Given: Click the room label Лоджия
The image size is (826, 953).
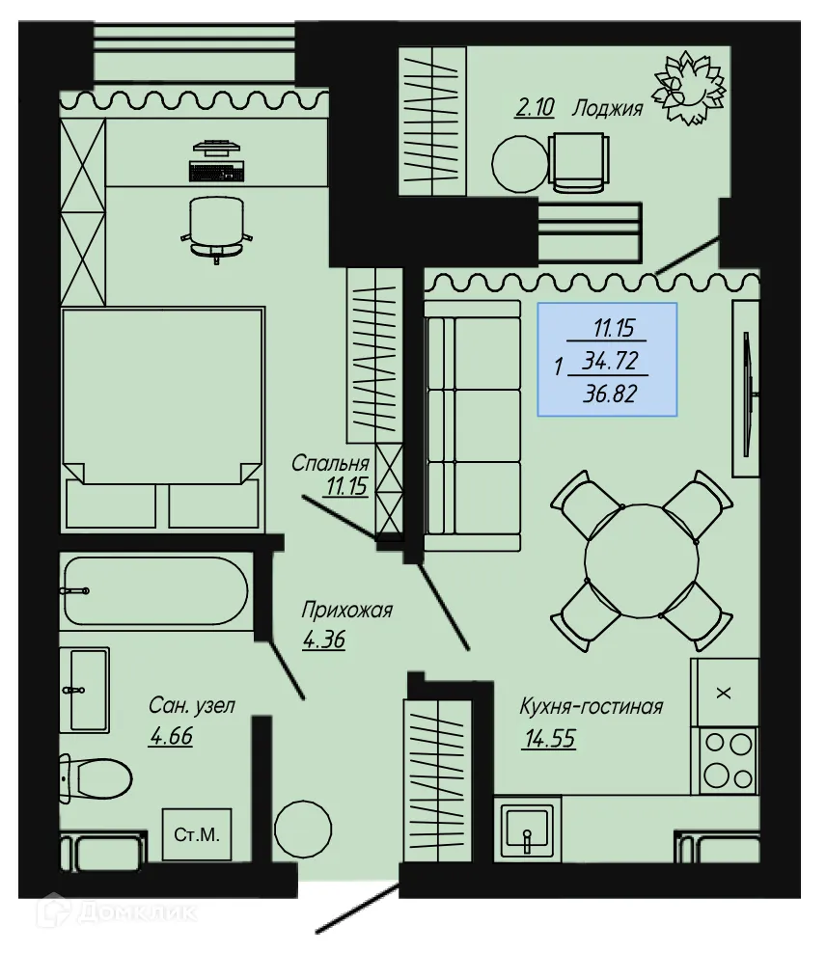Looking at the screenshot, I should pos(607,108).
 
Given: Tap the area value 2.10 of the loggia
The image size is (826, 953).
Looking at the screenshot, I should pos(536,108).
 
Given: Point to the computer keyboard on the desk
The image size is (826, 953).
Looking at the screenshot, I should pos(216,172).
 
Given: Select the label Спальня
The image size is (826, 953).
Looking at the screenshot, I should pos(331,464).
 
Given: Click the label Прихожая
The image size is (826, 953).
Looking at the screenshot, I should pos(346,610).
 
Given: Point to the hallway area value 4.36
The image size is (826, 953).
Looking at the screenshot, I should pos(323,640).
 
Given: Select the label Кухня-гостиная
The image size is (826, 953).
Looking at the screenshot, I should pos(591,707).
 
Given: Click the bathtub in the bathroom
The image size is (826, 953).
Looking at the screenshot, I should pos(154,590).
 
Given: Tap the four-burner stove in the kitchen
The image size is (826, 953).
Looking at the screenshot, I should pos(726,759).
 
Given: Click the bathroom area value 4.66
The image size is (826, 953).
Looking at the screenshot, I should pos(171,738).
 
